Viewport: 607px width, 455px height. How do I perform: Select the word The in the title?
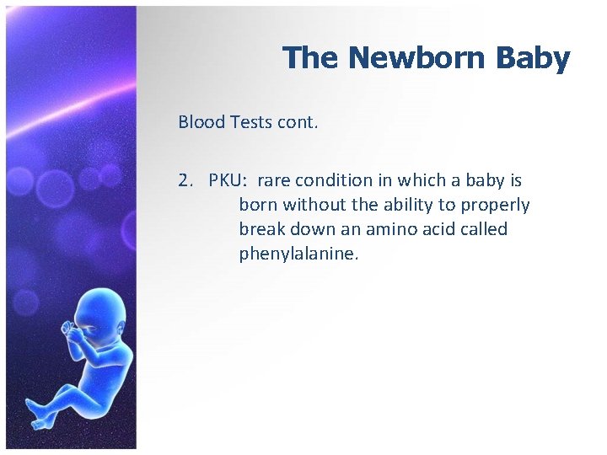click(x=311, y=58)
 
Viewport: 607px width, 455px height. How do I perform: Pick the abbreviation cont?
click(x=298, y=122)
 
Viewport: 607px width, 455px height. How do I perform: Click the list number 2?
click(x=185, y=180)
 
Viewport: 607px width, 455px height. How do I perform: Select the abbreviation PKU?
click(x=229, y=180)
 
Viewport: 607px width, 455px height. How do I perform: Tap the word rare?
click(x=275, y=180)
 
